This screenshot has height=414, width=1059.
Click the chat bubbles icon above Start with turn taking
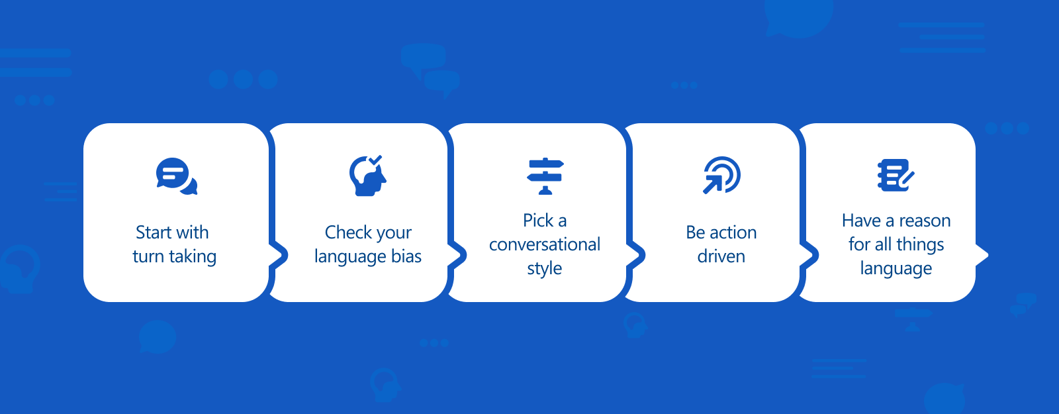coord(176,176)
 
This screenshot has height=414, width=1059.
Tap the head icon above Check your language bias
coord(367,176)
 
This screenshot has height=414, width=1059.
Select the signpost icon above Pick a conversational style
coord(545,176)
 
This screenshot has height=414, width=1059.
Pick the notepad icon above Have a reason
coord(896,176)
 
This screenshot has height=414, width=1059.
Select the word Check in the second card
coord(348,233)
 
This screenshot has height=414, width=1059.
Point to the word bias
coord(406,256)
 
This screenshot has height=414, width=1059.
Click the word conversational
coord(545,244)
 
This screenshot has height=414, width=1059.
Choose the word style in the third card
coord(545,269)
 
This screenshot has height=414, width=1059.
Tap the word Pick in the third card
coord(537,221)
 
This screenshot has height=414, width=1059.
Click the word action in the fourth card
coord(733,233)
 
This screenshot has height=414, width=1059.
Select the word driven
coord(721,256)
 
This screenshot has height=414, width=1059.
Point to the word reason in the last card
coord(925,221)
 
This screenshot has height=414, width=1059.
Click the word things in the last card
coord(920,245)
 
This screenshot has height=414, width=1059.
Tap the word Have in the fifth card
coord(861,221)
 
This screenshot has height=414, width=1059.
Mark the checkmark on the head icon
coord(375,160)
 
